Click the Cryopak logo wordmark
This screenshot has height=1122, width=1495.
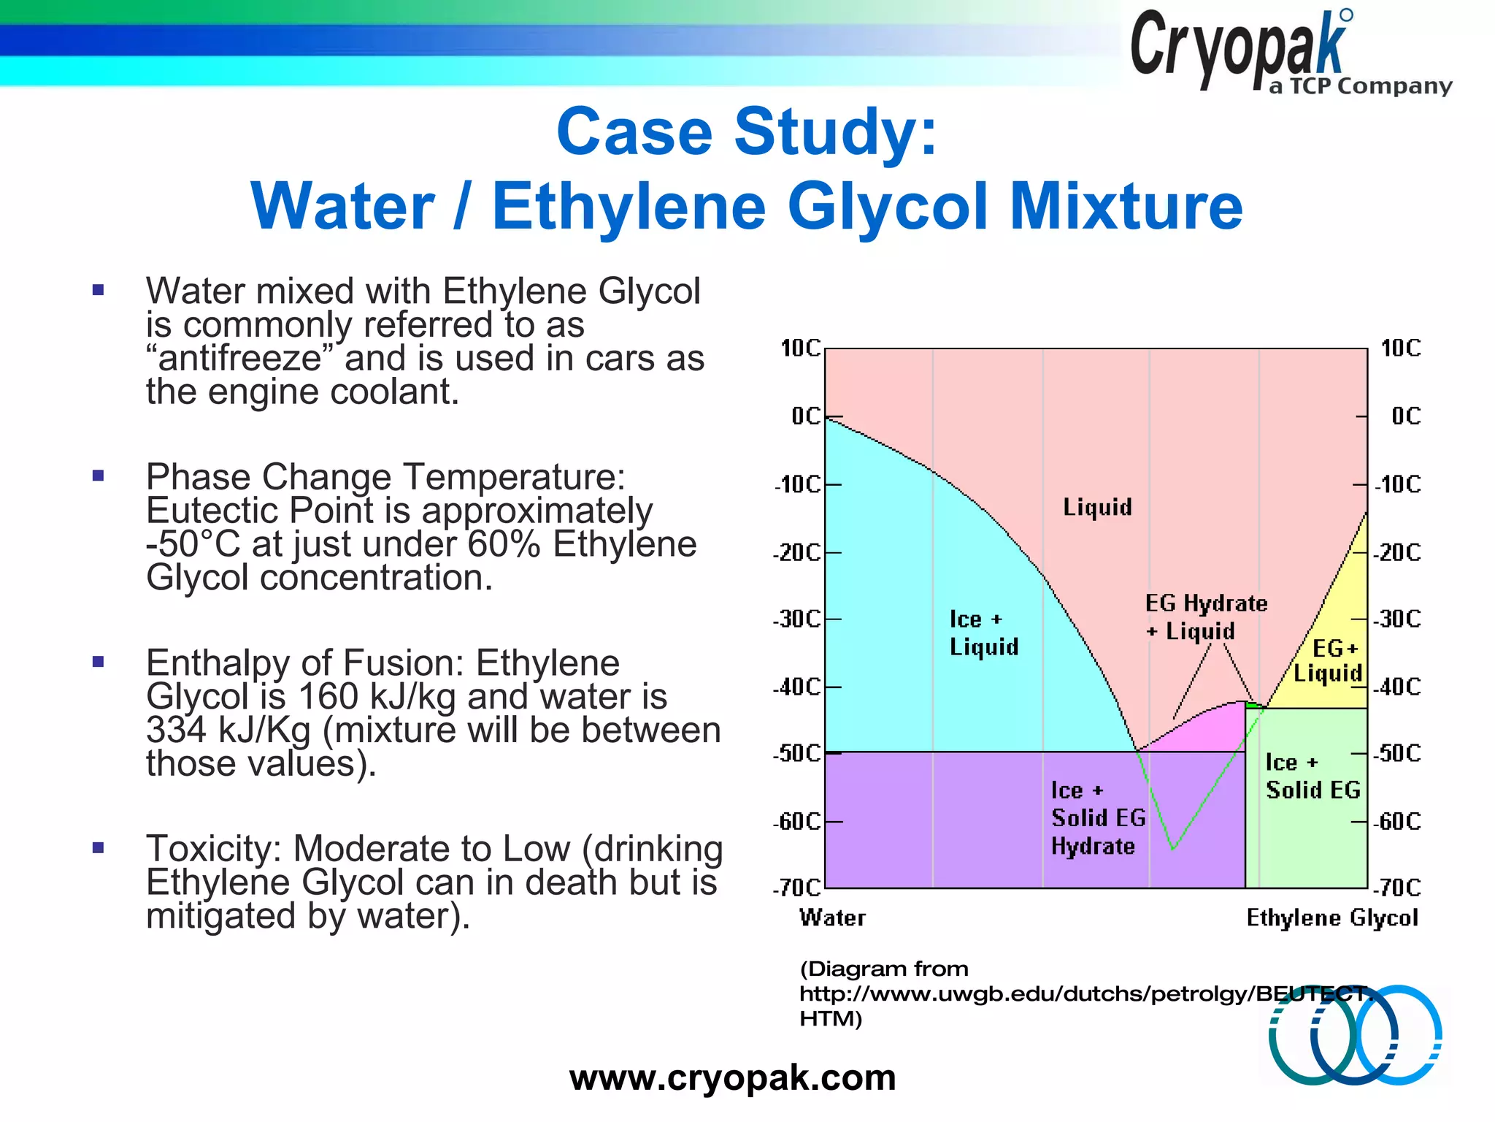click(x=1238, y=47)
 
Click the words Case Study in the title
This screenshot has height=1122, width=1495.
click(x=746, y=132)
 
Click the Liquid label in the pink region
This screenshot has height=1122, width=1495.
click(x=1096, y=507)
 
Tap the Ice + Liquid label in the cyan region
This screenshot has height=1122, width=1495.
click(x=983, y=633)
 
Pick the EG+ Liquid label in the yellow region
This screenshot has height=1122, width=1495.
click(x=1329, y=660)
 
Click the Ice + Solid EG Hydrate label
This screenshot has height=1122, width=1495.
click(x=1097, y=818)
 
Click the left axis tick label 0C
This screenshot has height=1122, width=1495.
click(x=805, y=416)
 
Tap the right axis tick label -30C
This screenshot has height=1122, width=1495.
click(x=1396, y=619)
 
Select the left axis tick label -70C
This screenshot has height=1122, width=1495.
click(x=797, y=888)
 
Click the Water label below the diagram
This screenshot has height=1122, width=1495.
click(x=832, y=917)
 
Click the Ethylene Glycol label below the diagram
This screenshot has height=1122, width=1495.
click(x=1331, y=917)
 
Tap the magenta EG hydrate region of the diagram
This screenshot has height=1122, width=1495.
click(x=1212, y=730)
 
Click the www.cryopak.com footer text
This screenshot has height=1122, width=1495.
click(x=732, y=1077)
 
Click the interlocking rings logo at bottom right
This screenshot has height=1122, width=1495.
click(x=1354, y=1034)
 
